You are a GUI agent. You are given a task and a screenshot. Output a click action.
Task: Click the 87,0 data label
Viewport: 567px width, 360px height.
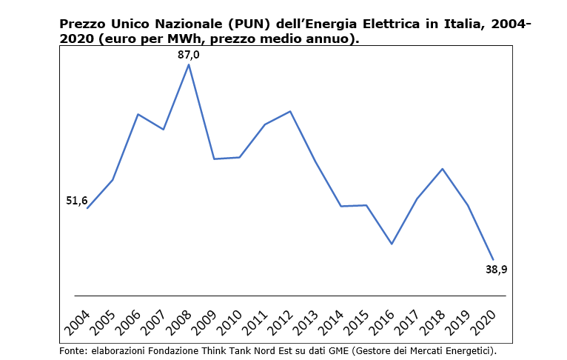189,54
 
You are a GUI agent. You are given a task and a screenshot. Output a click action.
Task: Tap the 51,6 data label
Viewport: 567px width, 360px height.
77,201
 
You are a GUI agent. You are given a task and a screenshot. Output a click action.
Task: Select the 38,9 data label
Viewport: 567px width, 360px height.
496,270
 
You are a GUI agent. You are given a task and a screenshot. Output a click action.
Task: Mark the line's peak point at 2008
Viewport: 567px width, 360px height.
189,64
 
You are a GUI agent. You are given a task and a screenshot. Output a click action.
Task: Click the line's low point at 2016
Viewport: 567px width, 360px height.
392,244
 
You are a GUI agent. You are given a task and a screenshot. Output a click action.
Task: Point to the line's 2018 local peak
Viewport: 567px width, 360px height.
442,169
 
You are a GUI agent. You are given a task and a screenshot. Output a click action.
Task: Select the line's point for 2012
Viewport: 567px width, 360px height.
290,111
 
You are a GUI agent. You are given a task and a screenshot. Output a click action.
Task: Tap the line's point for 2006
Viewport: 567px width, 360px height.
138,114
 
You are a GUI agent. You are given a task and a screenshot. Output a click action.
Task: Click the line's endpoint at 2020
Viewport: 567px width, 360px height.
493,259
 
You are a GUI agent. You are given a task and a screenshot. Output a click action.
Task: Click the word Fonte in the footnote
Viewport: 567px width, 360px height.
73,350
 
